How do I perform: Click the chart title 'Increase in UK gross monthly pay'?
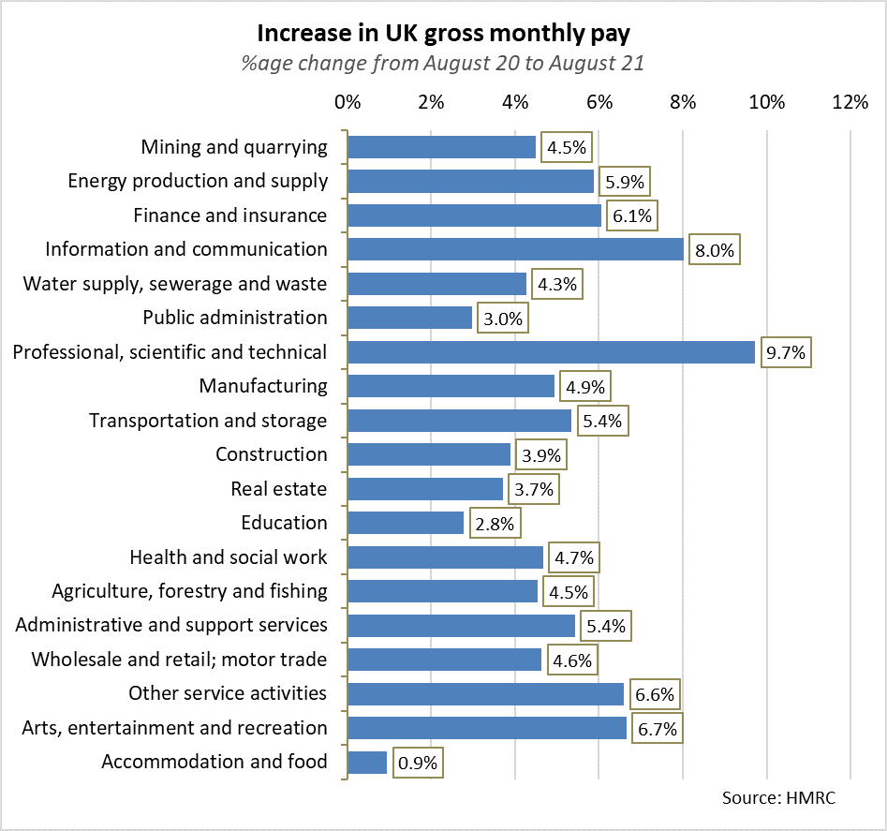[443, 34]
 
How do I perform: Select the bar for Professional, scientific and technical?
[551, 352]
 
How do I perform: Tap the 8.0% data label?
[715, 250]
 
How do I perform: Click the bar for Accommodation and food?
[367, 762]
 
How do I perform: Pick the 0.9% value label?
[417, 763]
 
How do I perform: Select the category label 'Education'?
[284, 523]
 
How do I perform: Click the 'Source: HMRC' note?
[778, 799]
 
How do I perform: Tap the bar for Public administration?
[409, 319]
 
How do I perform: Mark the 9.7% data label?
[785, 353]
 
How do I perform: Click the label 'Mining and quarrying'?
[234, 147]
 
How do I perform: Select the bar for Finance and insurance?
[474, 215]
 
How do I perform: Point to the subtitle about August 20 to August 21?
[443, 65]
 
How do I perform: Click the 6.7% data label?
[657, 728]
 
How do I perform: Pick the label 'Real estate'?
[279, 489]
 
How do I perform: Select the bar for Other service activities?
[485, 693]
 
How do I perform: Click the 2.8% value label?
[495, 524]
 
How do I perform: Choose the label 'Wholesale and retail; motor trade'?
[179, 660]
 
